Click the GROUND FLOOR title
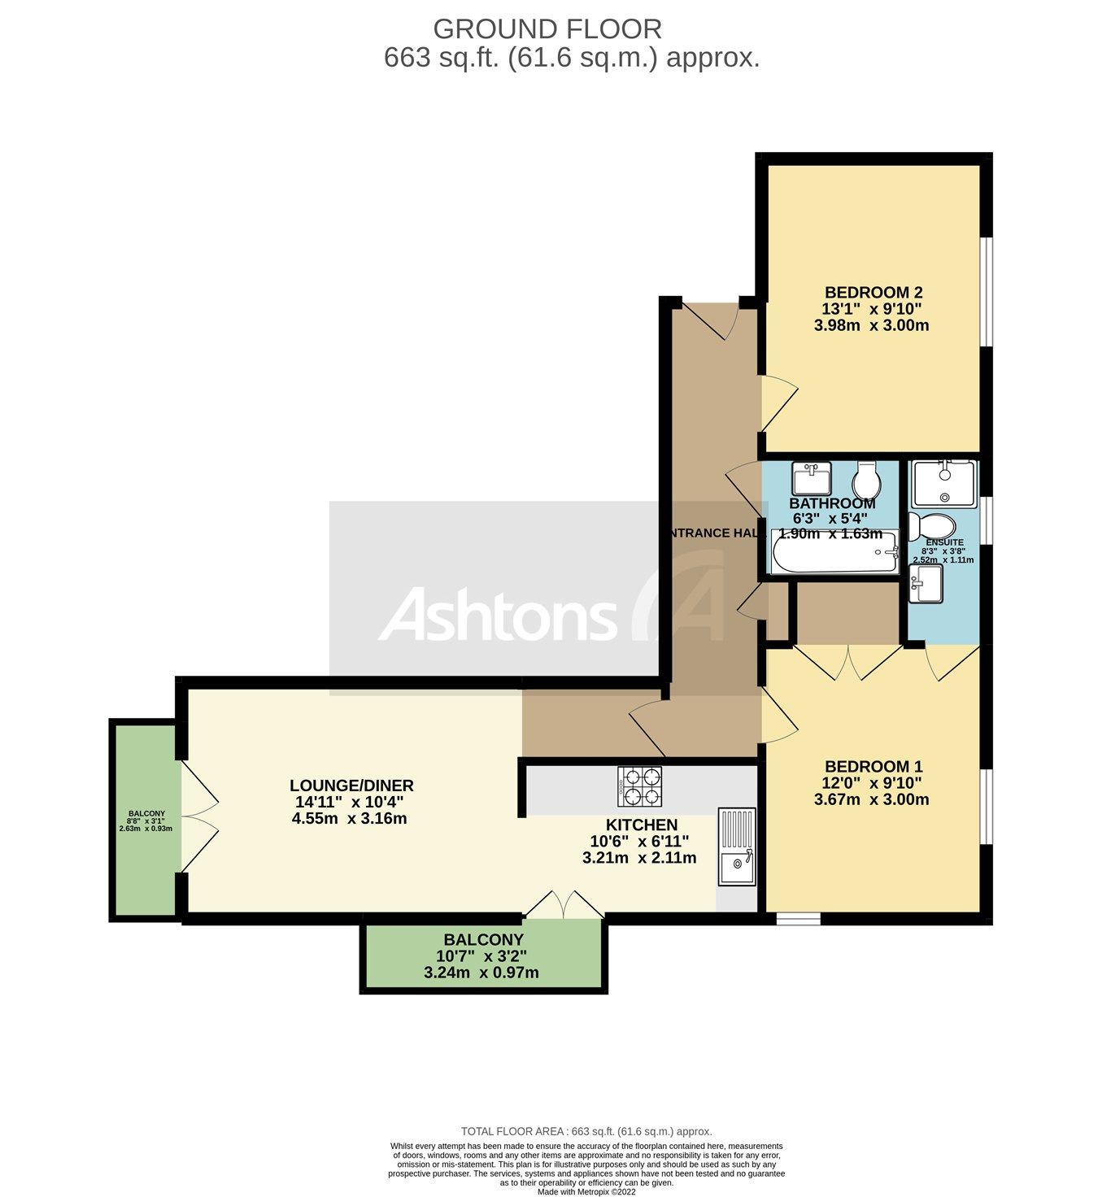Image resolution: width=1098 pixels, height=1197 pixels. point(547,29)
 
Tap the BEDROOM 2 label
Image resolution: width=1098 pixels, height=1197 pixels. point(873,293)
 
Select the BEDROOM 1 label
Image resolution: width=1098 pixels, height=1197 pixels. point(873,767)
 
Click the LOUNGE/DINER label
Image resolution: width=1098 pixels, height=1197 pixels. point(351,786)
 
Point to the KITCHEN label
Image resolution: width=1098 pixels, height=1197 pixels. point(641,825)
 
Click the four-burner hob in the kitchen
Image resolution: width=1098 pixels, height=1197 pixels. point(639,786)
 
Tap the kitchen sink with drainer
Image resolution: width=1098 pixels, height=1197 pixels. point(737,847)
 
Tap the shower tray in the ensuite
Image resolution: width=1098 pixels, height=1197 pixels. point(943,484)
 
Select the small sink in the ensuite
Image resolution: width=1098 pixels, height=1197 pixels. point(926,584)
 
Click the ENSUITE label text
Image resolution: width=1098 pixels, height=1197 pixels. point(944,542)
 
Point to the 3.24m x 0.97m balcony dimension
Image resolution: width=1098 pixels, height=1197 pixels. point(481,973)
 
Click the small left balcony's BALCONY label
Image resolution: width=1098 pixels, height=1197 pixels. point(146,813)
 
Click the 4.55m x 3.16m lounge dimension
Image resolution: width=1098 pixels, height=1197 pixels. point(349,819)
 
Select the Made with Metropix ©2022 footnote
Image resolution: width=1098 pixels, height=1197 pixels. point(586,1192)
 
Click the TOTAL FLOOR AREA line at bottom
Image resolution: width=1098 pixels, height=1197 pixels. point(586,1131)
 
